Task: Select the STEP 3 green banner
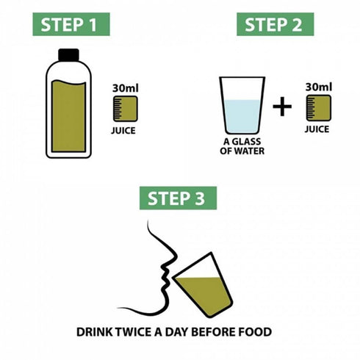pyautogui.click(x=179, y=198)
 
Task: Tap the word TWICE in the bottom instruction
pyautogui.click(x=134, y=332)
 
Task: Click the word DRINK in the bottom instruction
pyautogui.click(x=94, y=332)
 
